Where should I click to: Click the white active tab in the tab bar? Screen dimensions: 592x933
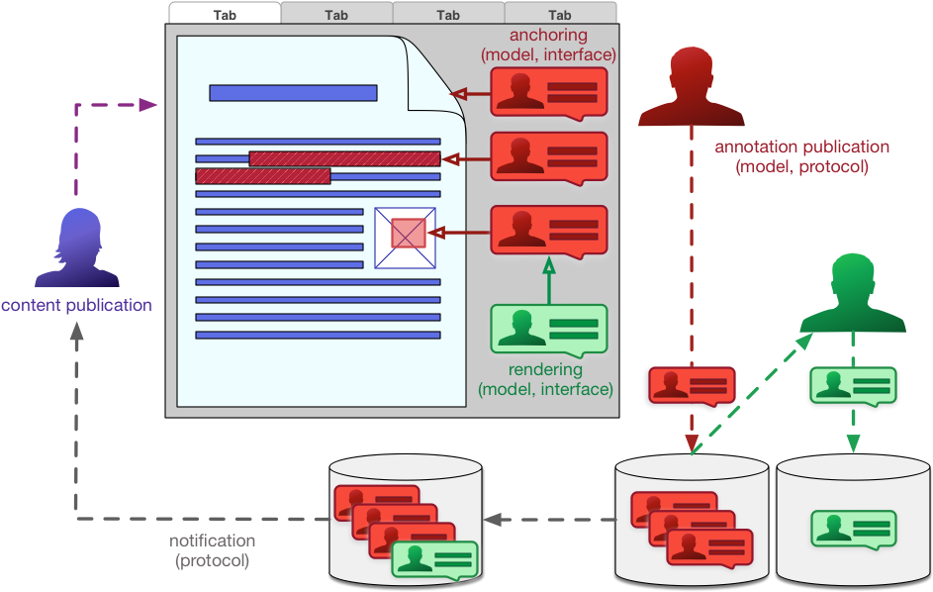tap(225, 13)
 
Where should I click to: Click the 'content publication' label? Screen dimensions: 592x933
tap(76, 305)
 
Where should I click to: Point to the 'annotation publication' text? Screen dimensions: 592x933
tap(802, 147)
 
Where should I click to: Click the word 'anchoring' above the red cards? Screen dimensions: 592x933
tap(548, 37)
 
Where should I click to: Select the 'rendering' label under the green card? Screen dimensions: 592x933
tap(545, 370)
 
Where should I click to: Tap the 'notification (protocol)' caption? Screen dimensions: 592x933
tap(212, 550)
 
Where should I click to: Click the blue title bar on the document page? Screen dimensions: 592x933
tap(293, 93)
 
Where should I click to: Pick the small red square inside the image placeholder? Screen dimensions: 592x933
tap(408, 233)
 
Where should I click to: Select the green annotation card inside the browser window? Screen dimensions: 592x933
tap(548, 331)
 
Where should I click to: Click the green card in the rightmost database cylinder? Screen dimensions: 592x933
tap(853, 529)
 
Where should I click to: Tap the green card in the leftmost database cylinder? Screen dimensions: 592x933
tap(434, 558)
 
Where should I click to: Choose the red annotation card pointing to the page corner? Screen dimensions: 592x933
tap(549, 93)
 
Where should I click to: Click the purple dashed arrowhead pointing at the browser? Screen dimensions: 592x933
tap(148, 105)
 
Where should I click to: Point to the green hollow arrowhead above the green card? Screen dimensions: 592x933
tap(549, 266)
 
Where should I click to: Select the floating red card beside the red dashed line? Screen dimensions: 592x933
tap(693, 386)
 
